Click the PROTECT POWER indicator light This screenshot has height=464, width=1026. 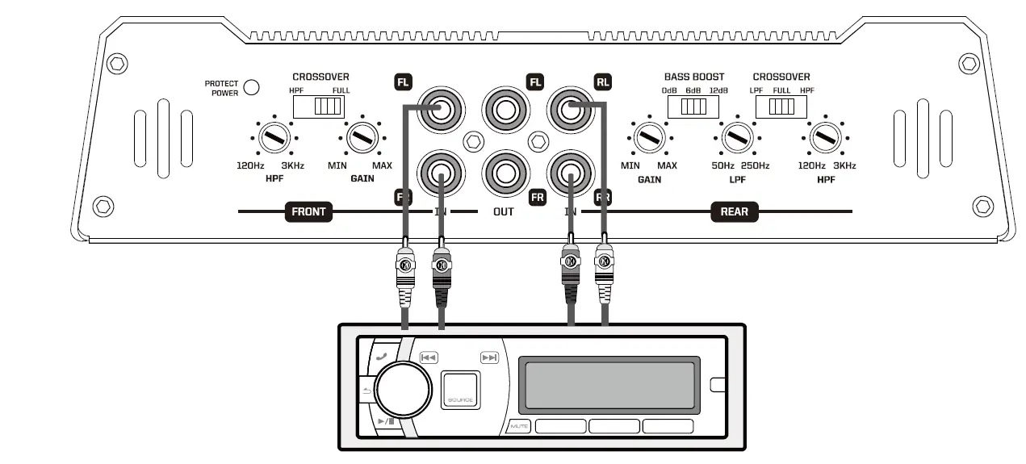[251, 87]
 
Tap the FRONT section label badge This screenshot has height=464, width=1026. [308, 212]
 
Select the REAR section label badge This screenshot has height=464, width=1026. [734, 212]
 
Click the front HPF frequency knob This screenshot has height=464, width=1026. [274, 138]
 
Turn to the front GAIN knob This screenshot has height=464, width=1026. [362, 138]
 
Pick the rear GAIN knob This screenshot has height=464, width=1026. [649, 138]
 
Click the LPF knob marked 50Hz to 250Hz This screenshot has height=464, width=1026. [737, 138]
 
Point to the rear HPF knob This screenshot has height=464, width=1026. [825, 138]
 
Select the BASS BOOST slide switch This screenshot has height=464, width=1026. [693, 107]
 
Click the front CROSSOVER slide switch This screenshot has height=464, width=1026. [320, 107]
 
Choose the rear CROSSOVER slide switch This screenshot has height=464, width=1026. [780, 107]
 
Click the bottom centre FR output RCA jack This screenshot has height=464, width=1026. [505, 173]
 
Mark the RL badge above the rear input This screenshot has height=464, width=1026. [603, 81]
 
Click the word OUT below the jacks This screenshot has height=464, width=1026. [504, 212]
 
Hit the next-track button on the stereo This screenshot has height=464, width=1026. [489, 357]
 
